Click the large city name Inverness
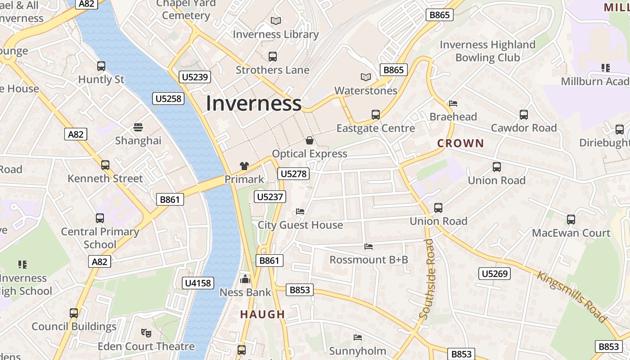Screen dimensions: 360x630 click(253, 103)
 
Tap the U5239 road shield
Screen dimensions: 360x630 click(195, 77)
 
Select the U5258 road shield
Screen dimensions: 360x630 click(169, 99)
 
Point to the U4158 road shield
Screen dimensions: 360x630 click(198, 283)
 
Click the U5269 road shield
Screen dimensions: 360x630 click(495, 274)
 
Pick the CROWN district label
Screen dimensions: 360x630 click(460, 144)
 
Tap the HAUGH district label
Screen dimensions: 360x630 click(263, 315)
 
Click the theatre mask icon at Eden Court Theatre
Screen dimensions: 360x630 click(146, 333)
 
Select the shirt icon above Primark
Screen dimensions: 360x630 click(244, 166)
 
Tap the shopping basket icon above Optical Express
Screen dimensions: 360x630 click(310, 140)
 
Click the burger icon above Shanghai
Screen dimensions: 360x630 click(138, 127)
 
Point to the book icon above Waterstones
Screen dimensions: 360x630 click(366, 77)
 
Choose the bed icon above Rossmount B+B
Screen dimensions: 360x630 click(369, 247)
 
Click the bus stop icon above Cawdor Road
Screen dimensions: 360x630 click(523, 115)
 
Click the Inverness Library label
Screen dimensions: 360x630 click(275, 34)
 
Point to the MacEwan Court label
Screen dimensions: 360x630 click(571, 233)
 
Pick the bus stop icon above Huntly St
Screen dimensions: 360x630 click(101, 66)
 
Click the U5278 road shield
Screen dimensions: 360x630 click(294, 174)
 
